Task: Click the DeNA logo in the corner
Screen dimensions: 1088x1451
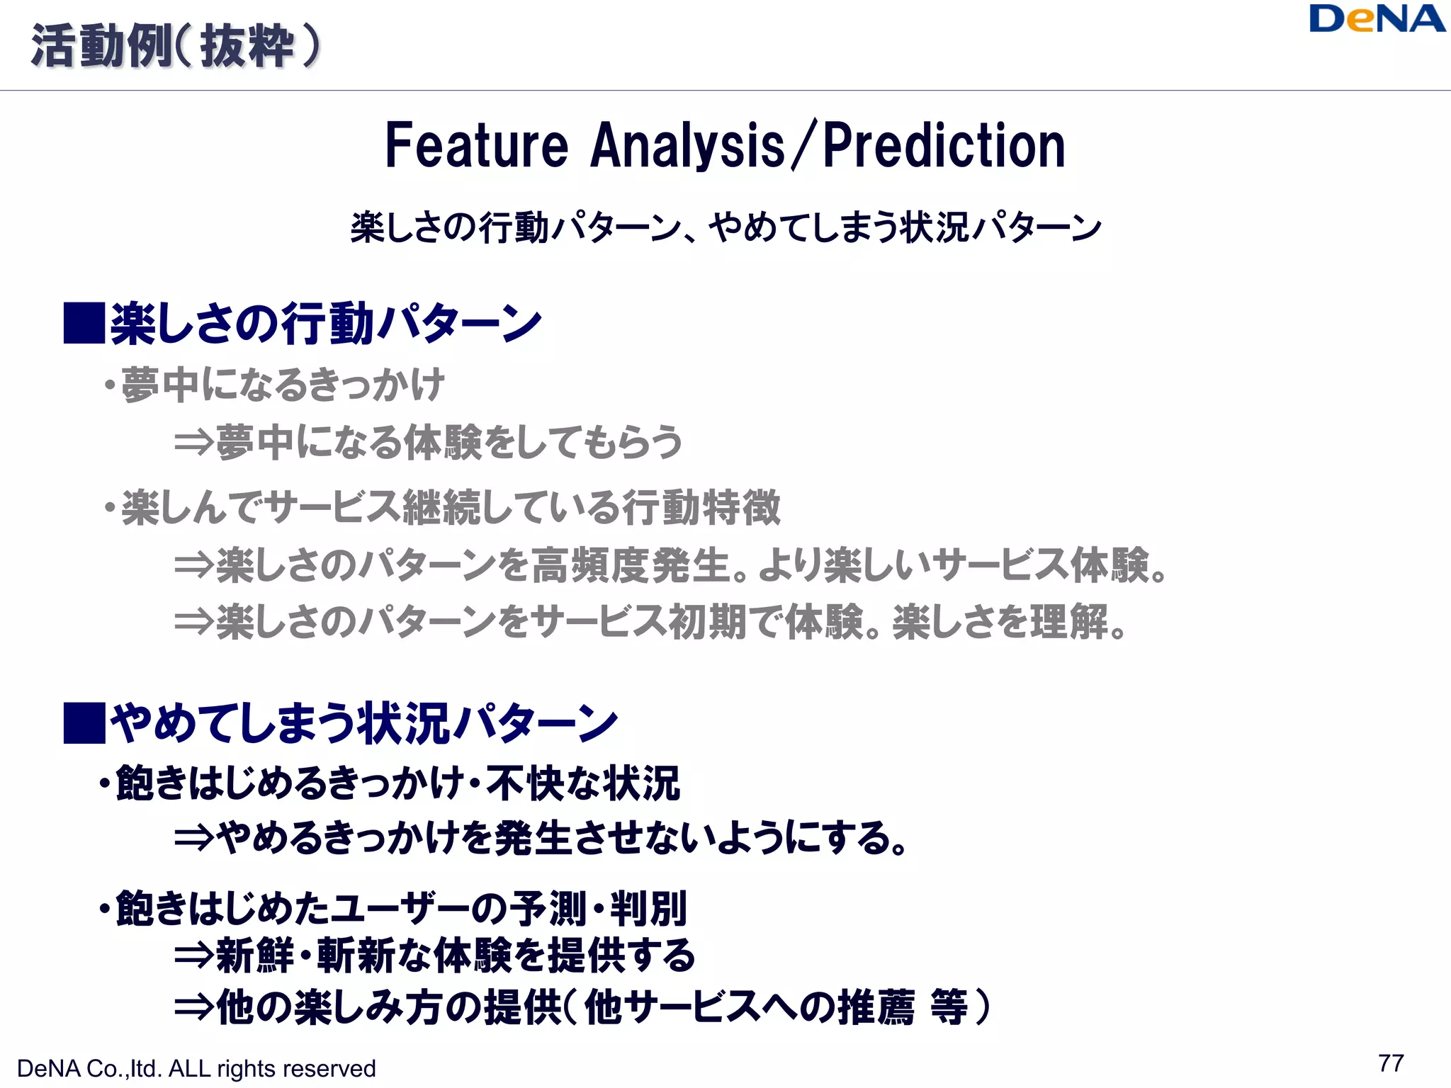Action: (1377, 19)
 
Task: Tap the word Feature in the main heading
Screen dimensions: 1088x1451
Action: (476, 146)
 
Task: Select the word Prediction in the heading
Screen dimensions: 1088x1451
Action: (944, 146)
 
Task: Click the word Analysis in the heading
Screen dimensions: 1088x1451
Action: (687, 146)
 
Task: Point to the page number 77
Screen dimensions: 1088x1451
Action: (1391, 1063)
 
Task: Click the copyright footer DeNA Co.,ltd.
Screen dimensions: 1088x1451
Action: (196, 1068)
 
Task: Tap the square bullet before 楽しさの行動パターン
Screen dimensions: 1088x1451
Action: (84, 324)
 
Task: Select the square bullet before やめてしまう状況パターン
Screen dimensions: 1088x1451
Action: (84, 723)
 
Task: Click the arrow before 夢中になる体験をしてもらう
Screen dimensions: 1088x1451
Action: (193, 443)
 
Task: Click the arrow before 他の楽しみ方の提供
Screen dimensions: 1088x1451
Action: (193, 1007)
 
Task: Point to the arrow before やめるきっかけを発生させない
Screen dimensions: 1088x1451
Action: (193, 839)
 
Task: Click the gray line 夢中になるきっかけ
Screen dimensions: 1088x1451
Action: (282, 385)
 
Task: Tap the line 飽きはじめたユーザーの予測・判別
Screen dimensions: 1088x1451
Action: (400, 908)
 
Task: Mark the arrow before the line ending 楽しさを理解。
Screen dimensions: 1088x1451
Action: (193, 622)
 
